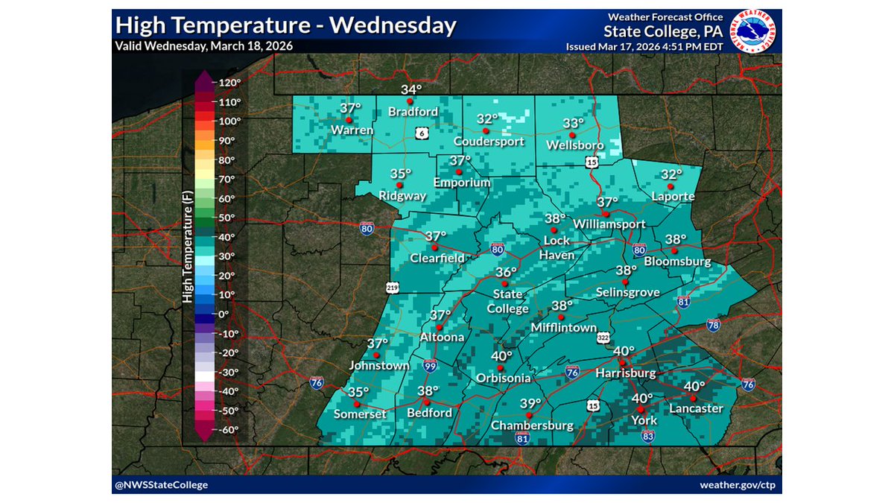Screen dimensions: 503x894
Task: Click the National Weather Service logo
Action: pos(755,31)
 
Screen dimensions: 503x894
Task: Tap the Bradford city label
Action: pos(413,112)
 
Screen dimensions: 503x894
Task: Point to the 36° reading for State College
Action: pos(507,272)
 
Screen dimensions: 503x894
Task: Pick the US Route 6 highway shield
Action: pos(422,132)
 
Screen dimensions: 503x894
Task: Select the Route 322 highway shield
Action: pos(603,338)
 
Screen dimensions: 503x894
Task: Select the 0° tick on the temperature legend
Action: pos(226,314)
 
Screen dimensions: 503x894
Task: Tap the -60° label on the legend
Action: pos(227,430)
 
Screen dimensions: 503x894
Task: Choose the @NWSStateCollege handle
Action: pos(161,485)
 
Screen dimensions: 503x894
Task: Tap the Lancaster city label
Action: pos(696,408)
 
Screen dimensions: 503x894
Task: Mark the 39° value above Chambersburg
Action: pos(530,404)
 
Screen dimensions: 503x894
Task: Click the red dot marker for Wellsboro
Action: pos(572,134)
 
